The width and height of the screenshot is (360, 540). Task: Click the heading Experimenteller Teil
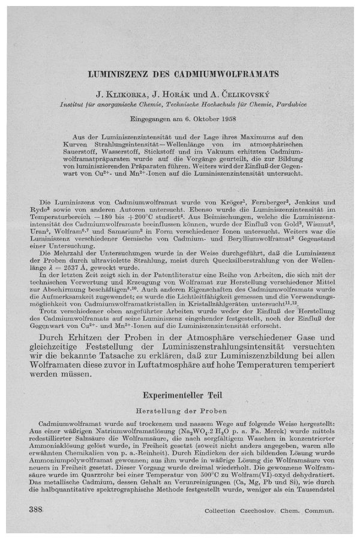tap(181, 395)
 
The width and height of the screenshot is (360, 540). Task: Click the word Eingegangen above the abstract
tap(158, 119)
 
